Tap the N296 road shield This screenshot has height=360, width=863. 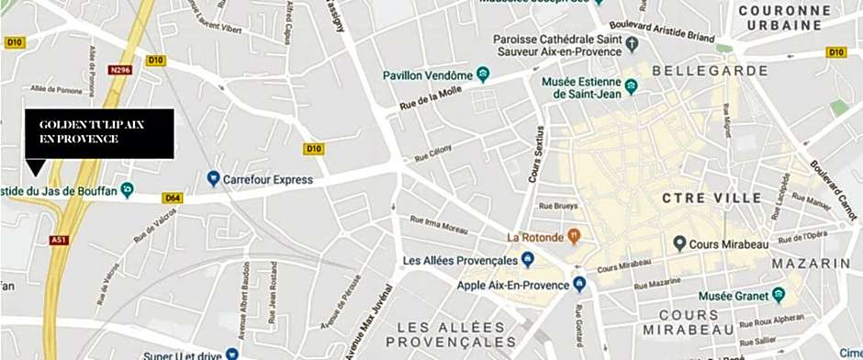[118, 70]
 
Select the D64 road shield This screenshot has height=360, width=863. [172, 197]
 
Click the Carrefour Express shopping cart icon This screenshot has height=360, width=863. [213, 177]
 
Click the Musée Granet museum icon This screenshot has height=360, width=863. [779, 295]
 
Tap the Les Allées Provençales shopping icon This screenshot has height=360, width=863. [528, 260]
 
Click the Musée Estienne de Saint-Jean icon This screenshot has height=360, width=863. [631, 88]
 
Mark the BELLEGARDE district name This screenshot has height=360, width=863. [723, 71]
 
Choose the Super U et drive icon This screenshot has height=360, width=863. [233, 354]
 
